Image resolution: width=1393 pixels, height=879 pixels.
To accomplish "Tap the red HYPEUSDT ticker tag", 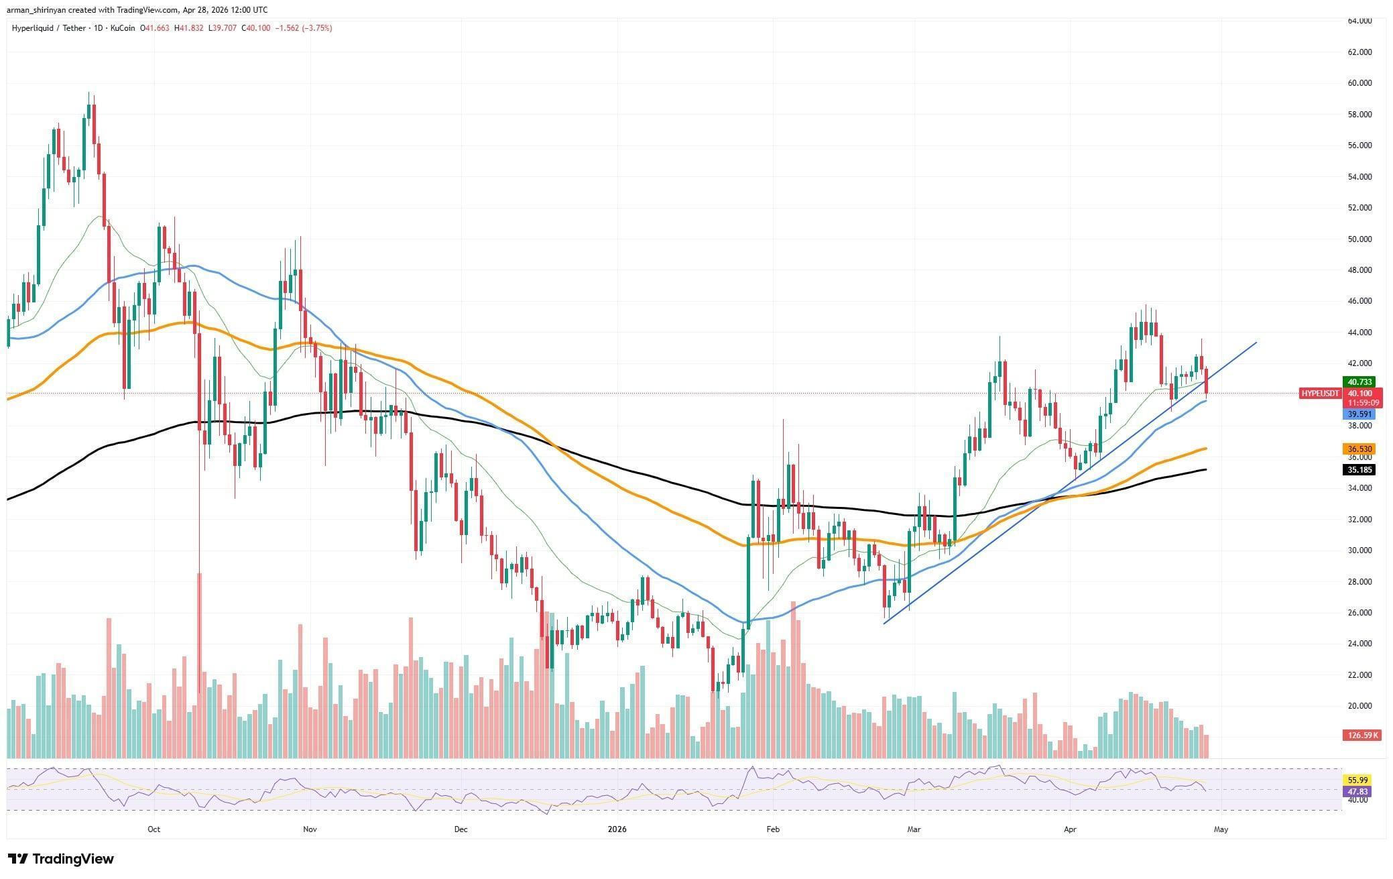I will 1320,394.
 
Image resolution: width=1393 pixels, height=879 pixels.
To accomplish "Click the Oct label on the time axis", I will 154,829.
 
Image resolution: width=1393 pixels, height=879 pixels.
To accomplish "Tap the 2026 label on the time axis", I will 617,829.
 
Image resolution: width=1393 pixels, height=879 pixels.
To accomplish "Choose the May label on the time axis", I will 1221,829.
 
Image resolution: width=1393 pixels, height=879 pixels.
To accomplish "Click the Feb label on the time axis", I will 773,829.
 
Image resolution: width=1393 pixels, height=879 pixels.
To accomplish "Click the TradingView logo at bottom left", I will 61,859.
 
